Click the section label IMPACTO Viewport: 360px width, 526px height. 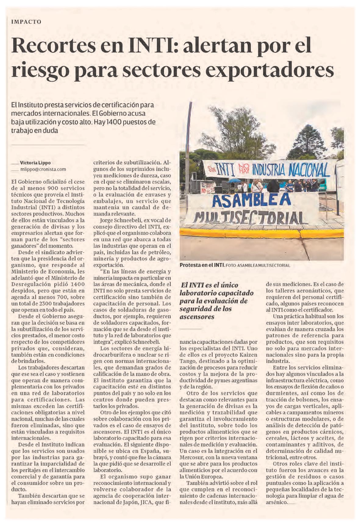[26, 22]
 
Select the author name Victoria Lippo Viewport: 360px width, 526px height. [35, 163]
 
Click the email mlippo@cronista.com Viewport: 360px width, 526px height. [43, 169]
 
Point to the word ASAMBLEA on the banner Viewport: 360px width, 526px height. [251, 200]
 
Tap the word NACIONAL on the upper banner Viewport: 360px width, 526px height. [308, 170]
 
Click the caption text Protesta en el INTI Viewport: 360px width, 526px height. [202, 265]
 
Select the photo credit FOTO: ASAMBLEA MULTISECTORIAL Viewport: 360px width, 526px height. [258, 265]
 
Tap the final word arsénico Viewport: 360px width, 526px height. [276, 502]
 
